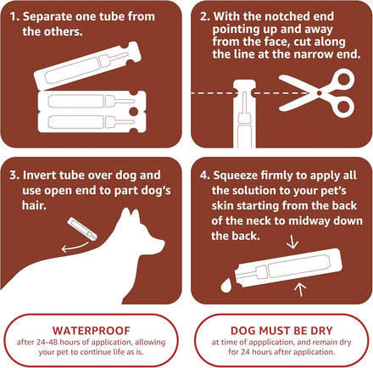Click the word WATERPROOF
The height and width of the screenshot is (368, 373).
pos(92,331)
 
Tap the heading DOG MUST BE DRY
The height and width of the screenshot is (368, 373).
pos(281,331)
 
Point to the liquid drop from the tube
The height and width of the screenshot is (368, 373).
pos(225,286)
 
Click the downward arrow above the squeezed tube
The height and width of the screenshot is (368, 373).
pos(292,243)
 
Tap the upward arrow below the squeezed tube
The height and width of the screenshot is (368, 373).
pos(300,289)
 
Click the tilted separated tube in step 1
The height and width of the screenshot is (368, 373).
pos(87,66)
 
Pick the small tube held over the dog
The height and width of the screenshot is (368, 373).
pos(82,229)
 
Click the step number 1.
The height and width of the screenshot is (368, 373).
pos(14,17)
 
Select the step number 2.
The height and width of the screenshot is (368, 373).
pos(204,17)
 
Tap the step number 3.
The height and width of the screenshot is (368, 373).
pos(14,176)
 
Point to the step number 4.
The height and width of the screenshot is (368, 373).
pos(204,176)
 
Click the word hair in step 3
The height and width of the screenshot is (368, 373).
pos(34,205)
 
